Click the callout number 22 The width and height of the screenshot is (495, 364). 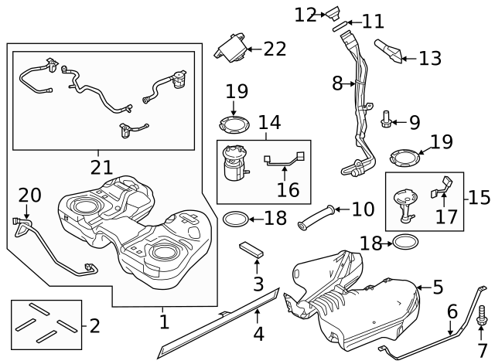(274, 49)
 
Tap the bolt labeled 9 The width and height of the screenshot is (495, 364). (387, 120)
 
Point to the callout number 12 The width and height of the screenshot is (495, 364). (306, 13)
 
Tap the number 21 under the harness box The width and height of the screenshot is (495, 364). (101, 167)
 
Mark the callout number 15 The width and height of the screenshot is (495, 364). (479, 196)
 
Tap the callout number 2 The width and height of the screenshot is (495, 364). (94, 325)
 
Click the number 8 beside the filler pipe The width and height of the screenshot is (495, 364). (337, 83)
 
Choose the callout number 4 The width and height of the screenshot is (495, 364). (258, 334)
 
